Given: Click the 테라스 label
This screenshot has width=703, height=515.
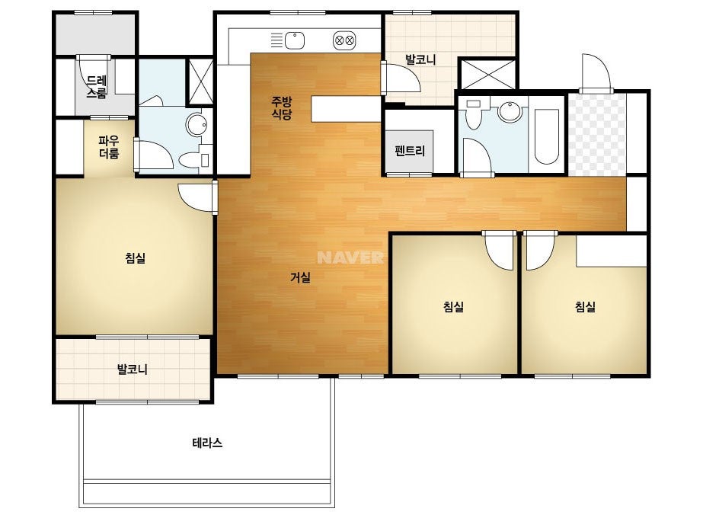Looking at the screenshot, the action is tap(207, 443).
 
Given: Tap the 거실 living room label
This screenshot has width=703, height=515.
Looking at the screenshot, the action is tap(300, 277).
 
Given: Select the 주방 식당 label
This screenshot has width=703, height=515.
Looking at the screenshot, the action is tap(282, 107).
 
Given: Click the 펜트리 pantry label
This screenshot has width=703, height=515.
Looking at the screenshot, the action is tap(410, 151).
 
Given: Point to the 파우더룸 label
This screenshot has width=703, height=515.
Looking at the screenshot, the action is tap(109, 147).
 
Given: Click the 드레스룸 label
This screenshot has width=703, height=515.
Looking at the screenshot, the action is tap(97, 87).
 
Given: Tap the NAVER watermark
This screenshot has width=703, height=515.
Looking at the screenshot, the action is tap(350, 257).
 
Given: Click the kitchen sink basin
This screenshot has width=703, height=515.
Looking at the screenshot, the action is tap(295, 41).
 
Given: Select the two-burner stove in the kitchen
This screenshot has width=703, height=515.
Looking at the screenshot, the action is tap(344, 41).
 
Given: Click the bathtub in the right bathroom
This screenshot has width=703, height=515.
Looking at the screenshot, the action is tap(547, 136).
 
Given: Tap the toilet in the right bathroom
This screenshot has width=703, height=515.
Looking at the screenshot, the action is tap(473, 114).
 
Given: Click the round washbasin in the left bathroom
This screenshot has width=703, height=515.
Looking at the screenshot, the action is tap(197, 124).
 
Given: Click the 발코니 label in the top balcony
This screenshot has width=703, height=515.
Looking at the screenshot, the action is tap(420, 59).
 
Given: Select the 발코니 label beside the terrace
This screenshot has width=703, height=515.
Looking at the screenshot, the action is tap(133, 369).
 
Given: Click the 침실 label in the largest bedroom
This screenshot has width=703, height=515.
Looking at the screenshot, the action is tap(136, 257).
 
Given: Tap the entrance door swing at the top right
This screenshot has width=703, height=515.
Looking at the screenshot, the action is tap(596, 72).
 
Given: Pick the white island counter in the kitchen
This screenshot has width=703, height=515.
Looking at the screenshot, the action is tap(346, 109).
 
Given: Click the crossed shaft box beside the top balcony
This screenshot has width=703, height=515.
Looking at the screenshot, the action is tap(487, 74).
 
